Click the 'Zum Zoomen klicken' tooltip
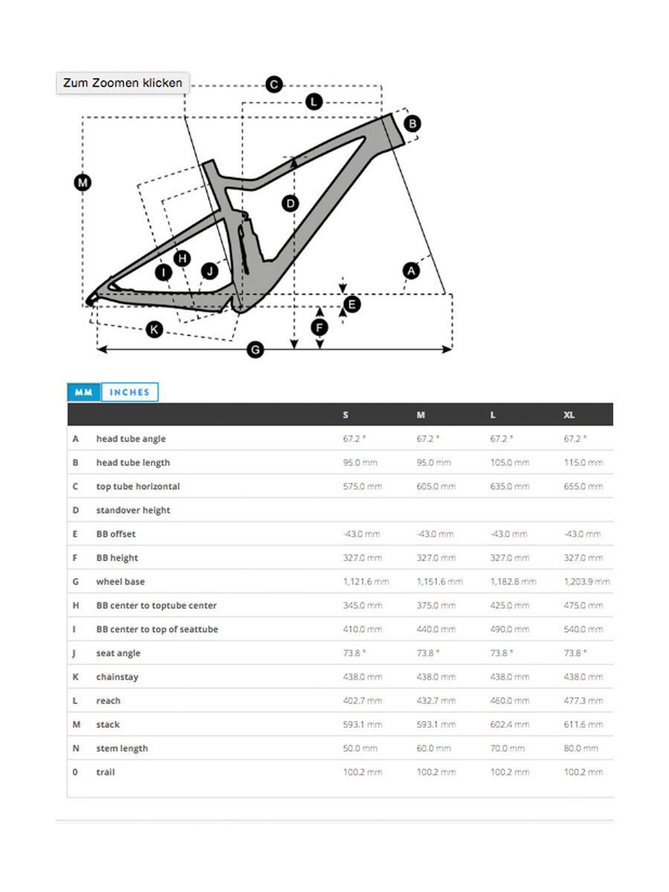[123, 83]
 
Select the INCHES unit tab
[129, 392]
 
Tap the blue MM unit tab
[84, 392]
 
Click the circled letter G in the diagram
[255, 349]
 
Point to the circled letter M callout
[82, 182]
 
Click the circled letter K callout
[154, 329]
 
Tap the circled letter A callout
[410, 271]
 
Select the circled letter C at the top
[274, 85]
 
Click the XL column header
[569, 415]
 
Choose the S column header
[346, 415]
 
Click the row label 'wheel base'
[120, 581]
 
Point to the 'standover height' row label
[133, 510]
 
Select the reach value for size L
[510, 700]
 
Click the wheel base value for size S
[366, 581]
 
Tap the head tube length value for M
[433, 462]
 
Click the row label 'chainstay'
[117, 676]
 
